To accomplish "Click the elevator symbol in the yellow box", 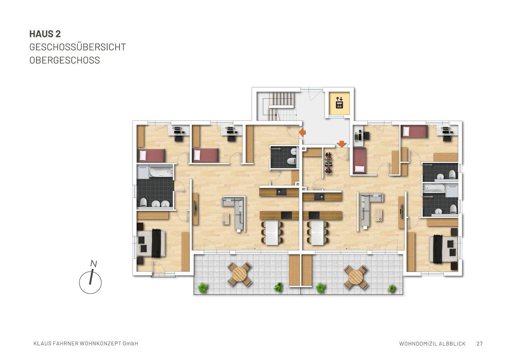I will point(339,103).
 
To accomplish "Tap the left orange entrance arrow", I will point(303,132).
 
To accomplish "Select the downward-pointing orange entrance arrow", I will point(341,144).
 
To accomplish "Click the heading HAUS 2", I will point(45,34).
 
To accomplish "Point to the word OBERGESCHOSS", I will point(65,60).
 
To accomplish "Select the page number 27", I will point(480,343).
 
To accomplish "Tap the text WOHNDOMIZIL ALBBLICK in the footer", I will point(432,343).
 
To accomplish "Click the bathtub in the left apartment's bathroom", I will point(160,173).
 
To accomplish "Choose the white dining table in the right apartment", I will point(317,233).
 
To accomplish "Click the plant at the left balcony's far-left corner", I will point(203,288).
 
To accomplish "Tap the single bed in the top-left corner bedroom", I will point(151,155).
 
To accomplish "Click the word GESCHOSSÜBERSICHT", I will point(77,47).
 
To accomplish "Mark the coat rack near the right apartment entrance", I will point(329,164).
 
